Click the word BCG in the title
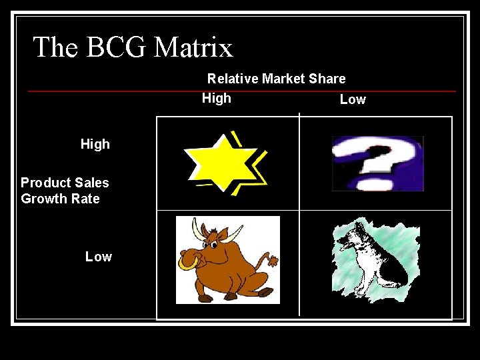click(x=117, y=48)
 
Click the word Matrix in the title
click(x=193, y=48)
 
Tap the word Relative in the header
click(x=233, y=79)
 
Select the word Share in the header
click(x=327, y=79)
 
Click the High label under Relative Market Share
click(x=217, y=98)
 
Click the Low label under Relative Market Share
click(x=353, y=99)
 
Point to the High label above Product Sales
click(x=95, y=144)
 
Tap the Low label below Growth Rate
click(x=99, y=257)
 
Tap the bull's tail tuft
click(x=273, y=261)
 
